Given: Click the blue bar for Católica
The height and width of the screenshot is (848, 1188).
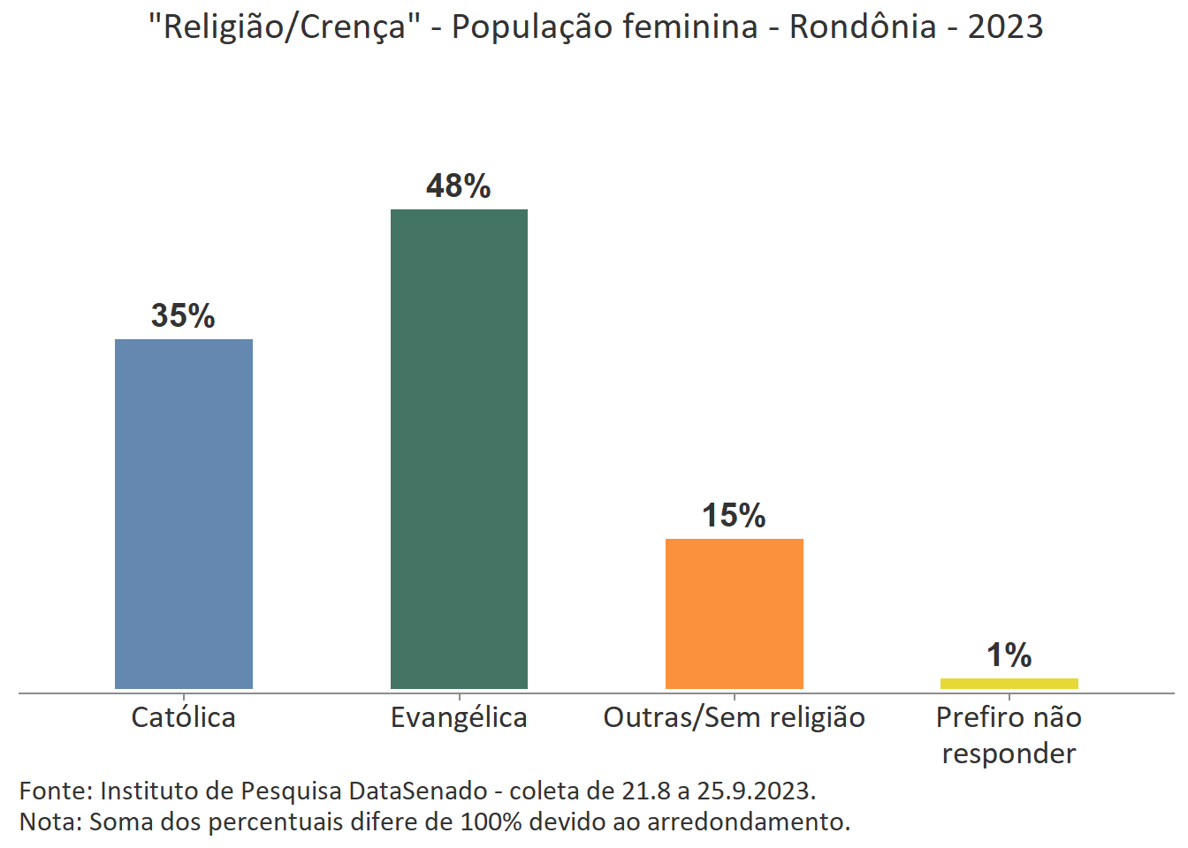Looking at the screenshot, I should coord(184,514).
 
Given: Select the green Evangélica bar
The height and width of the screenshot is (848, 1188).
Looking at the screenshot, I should coord(459,449).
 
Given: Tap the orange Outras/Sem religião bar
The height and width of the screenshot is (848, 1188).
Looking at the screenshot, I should coord(734,614).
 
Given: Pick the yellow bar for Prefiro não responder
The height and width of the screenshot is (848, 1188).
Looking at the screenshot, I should coord(1009,683).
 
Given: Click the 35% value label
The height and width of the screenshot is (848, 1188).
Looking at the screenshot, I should coord(183,315).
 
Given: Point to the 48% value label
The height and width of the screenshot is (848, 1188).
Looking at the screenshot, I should coord(458,185).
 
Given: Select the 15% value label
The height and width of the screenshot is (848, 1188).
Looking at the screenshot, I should coord(734,515).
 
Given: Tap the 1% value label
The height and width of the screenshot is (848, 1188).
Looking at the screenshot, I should coord(1009,655).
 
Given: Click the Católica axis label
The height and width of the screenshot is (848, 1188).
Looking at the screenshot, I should coord(183,717).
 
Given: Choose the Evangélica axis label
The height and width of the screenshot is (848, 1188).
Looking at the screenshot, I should coord(459,717).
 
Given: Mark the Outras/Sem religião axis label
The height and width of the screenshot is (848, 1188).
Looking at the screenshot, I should coord(734,717).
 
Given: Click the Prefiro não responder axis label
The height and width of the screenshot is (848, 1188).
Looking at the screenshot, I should coord(1009,735).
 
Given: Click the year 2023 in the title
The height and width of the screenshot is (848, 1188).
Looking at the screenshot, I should coord(1005,27).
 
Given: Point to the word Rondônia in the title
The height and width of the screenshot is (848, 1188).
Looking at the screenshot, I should coord(862,27).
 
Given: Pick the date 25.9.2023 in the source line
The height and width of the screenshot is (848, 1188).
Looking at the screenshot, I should coord(754,790).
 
